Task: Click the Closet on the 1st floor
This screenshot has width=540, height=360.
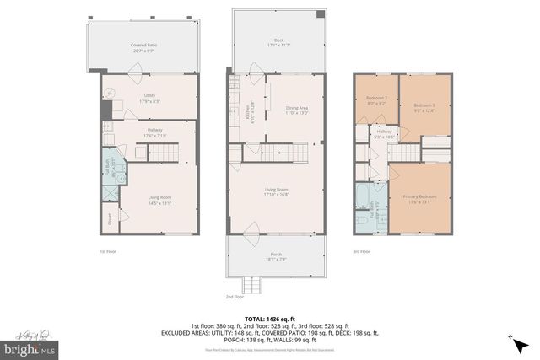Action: coord(110,220)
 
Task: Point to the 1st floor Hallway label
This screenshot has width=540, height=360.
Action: coord(154,132)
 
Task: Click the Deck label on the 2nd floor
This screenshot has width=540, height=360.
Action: coord(278,43)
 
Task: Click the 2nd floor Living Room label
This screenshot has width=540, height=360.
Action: coord(277,192)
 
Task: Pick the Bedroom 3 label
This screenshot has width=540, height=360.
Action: coord(424,107)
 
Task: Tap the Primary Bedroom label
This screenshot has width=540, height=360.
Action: coord(419,198)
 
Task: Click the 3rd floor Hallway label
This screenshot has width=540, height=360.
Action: coord(385,135)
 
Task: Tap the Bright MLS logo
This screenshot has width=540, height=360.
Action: coord(30,346)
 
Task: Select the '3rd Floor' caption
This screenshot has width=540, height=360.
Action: coord(362,251)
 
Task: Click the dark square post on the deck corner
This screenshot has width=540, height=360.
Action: coord(320,14)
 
